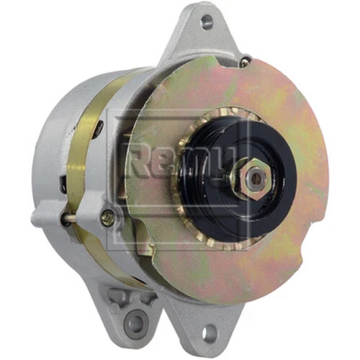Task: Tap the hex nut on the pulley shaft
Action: point(253,177)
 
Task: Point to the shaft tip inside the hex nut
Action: point(254,177)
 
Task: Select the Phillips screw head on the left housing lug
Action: point(108,214)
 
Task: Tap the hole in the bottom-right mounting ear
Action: point(208,333)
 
